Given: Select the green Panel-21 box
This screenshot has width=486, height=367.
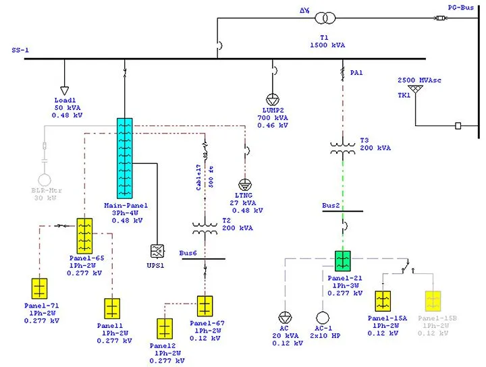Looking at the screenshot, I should coord(343,261).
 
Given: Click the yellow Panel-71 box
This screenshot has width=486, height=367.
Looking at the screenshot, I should coord(40,289).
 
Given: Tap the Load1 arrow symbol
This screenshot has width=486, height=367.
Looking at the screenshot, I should coord(65,90).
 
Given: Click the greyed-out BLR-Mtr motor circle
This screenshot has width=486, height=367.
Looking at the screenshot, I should coord(45,180).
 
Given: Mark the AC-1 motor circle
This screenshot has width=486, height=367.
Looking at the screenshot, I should coord(321,317).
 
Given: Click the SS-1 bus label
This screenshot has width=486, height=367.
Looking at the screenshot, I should coord(20,51).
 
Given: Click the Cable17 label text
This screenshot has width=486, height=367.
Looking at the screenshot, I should coord(200,177).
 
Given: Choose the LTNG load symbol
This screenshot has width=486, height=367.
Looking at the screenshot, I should coord(246,184).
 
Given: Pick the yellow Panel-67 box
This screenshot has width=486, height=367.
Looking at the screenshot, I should coord(205,306).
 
